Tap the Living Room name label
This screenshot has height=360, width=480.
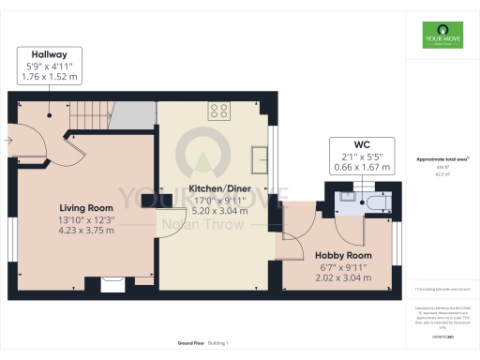[86, 207]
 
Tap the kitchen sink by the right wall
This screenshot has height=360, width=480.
[259, 157]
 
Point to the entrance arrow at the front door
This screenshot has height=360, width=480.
[7, 142]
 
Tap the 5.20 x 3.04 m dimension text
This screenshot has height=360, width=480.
[218, 211]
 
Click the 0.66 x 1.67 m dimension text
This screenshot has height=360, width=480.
[363, 167]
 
